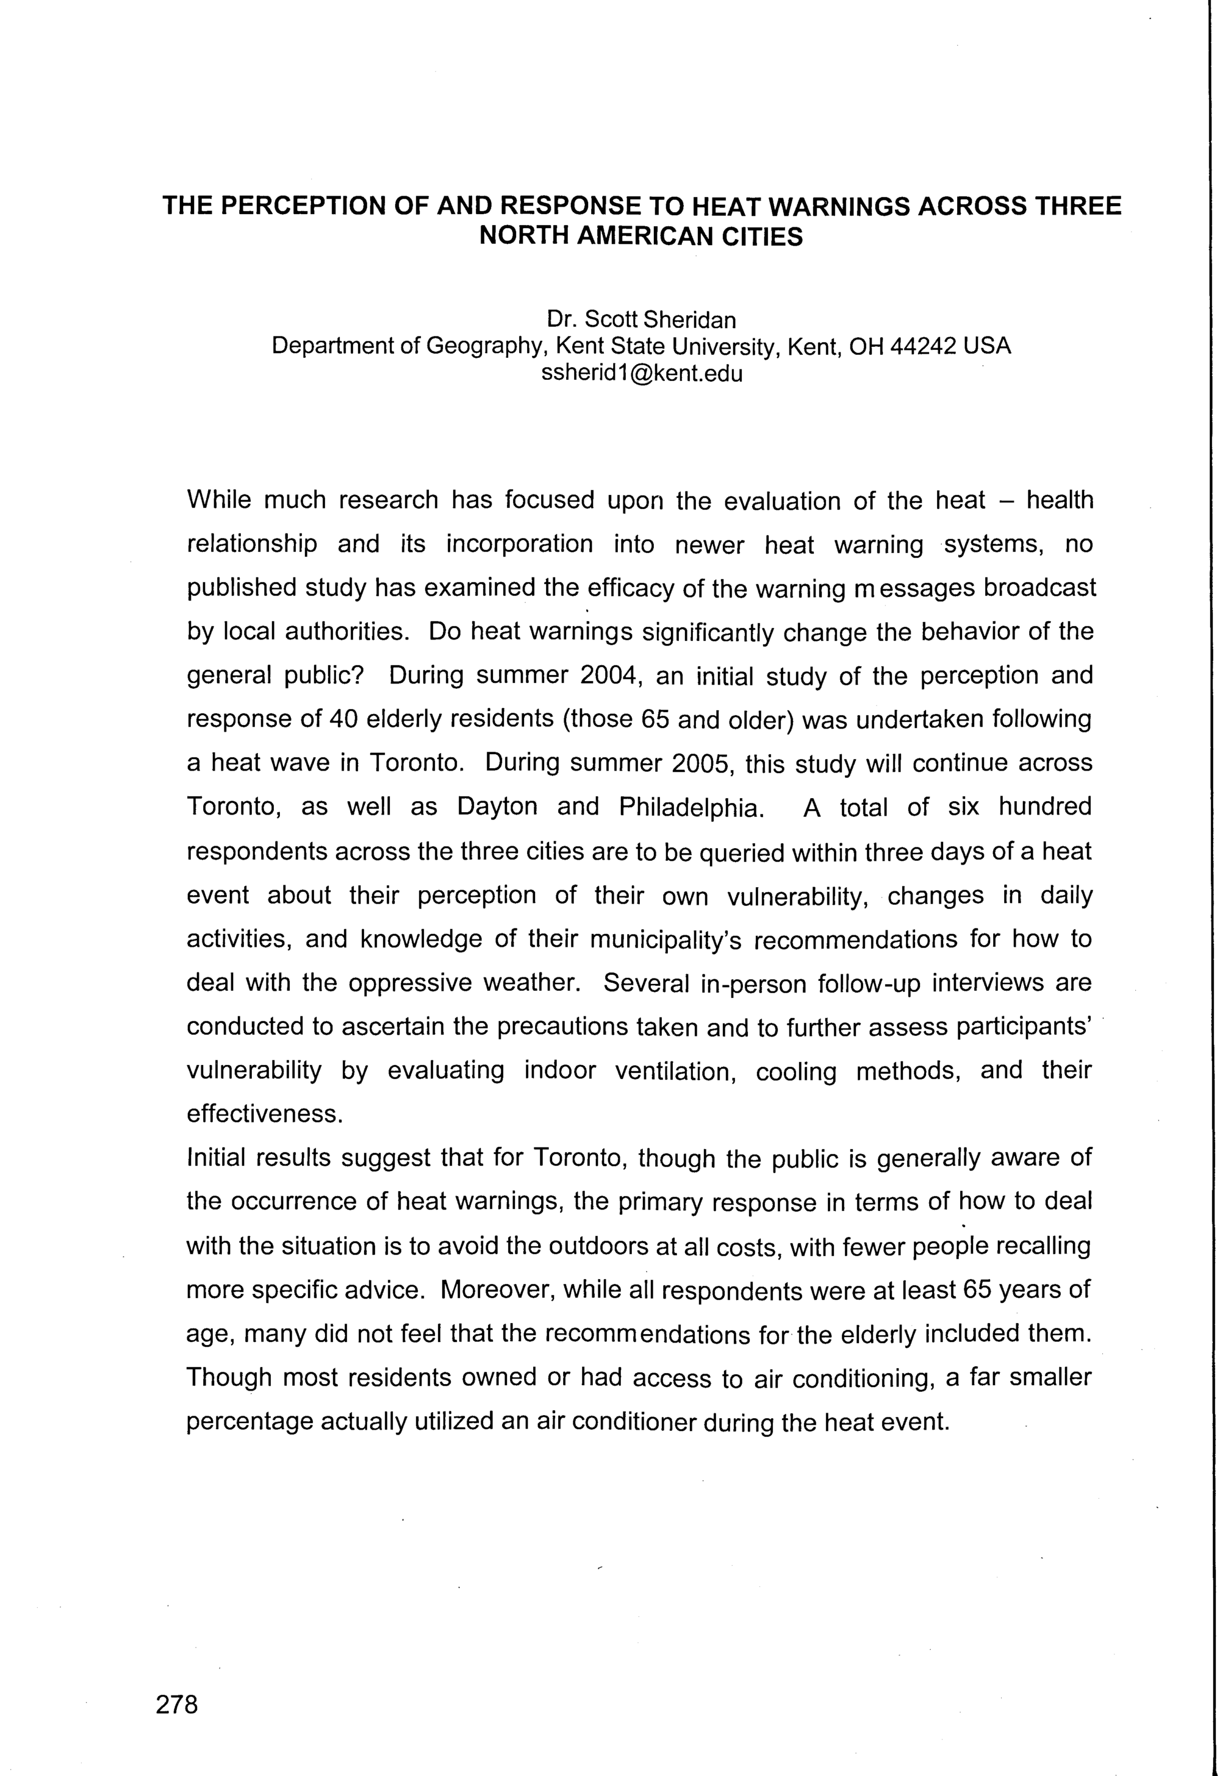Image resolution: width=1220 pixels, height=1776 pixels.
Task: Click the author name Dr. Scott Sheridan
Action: click(x=640, y=319)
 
